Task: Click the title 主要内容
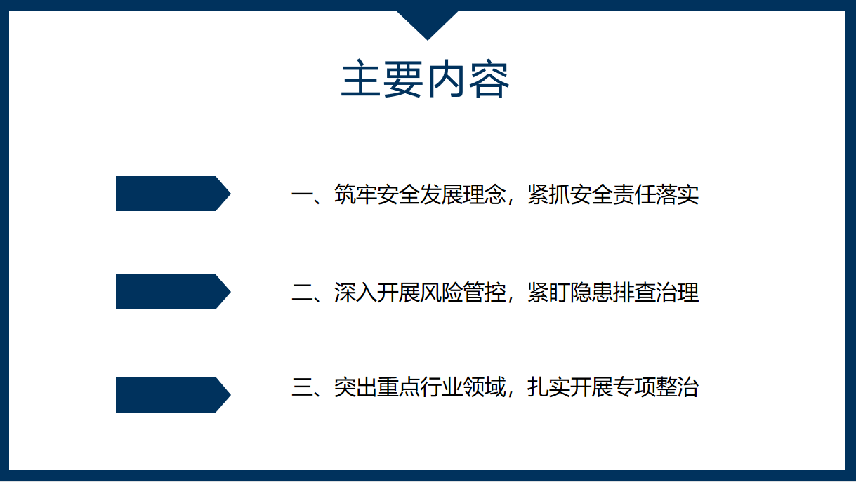(x=425, y=79)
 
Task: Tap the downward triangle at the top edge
(x=427, y=23)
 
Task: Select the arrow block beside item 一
(x=173, y=194)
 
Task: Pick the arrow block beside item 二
(x=173, y=292)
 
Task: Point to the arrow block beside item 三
(x=173, y=394)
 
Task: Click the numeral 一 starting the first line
(x=302, y=195)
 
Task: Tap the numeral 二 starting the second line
(x=302, y=293)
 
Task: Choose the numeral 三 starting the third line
(x=302, y=387)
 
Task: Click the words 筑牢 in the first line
(x=355, y=195)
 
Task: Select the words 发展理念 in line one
(x=463, y=195)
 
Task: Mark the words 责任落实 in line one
(x=656, y=195)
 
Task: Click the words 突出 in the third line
(x=355, y=387)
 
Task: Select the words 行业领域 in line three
(x=463, y=387)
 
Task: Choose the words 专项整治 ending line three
(x=656, y=387)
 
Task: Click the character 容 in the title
(x=489, y=79)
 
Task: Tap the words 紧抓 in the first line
(x=548, y=195)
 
